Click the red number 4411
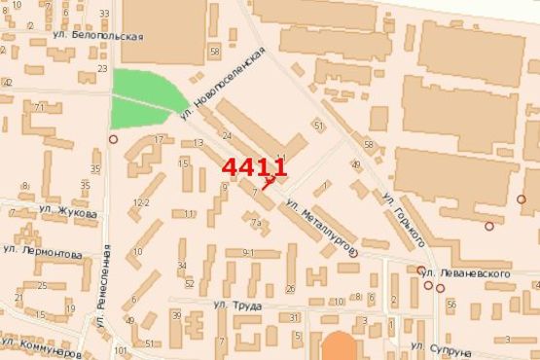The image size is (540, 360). pyautogui.click(x=254, y=168)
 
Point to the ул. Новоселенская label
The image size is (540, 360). pyautogui.click(x=223, y=83)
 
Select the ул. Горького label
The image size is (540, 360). pyautogui.click(x=401, y=219)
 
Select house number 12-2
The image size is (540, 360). pyautogui.click(x=142, y=202)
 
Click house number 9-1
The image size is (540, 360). pyautogui.click(x=247, y=253)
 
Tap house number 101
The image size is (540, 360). pyautogui.click(x=120, y=350)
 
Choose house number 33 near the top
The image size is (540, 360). pyautogui.click(x=104, y=14)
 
